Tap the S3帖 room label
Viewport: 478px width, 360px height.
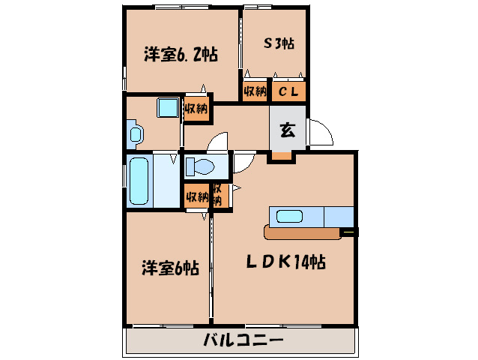(278, 43)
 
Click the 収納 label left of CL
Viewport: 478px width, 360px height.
(255, 91)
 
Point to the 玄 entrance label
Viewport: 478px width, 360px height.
(287, 129)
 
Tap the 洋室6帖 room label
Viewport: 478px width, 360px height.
(171, 268)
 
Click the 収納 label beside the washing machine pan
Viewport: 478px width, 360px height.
(196, 108)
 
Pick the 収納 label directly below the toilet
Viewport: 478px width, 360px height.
(197, 196)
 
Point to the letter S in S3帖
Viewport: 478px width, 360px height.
(267, 43)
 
